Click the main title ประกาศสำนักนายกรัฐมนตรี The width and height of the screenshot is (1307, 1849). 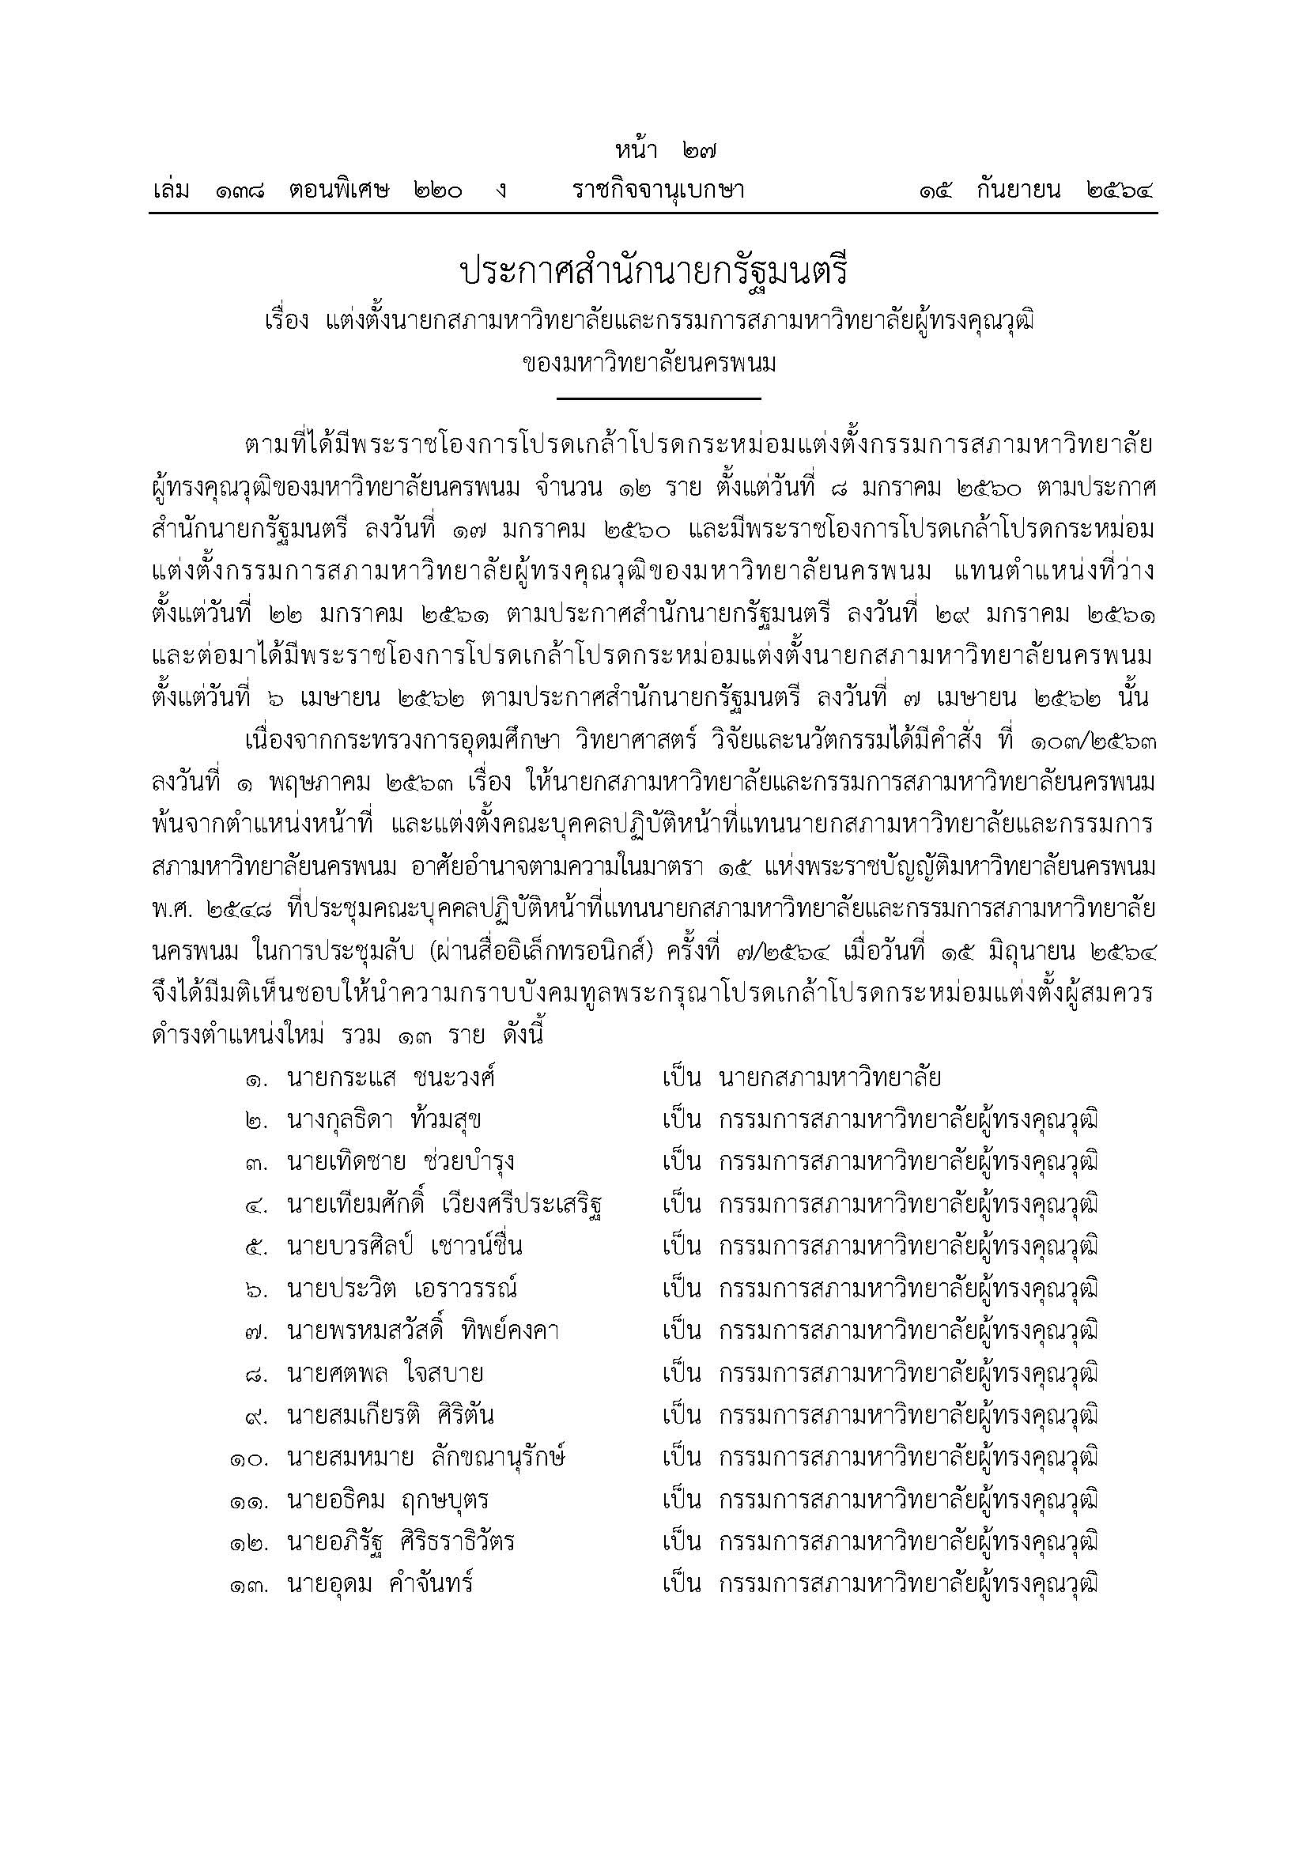(x=653, y=274)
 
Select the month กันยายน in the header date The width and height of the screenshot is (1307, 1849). (x=1018, y=191)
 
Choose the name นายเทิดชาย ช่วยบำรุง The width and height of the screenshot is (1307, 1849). (x=400, y=1162)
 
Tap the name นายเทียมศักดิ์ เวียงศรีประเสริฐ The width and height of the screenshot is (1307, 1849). (x=445, y=1205)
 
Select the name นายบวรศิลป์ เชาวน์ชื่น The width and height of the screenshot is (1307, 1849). (x=404, y=1247)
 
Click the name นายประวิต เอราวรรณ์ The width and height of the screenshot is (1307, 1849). (x=402, y=1289)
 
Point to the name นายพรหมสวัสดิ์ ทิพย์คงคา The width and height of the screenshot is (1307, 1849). (x=423, y=1331)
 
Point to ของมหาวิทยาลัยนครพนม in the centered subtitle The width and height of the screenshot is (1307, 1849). (x=649, y=364)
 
